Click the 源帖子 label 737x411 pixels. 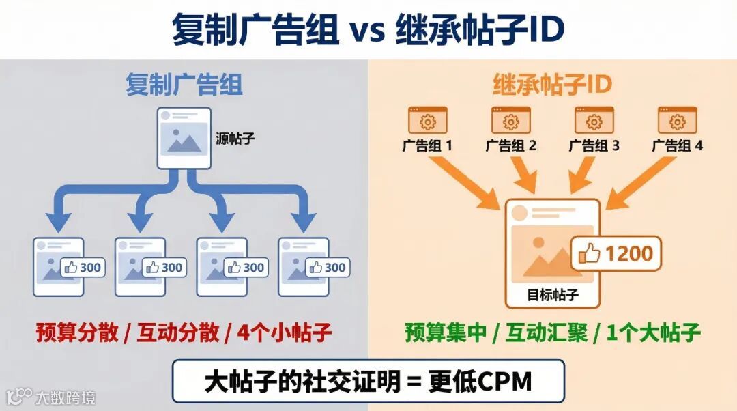(x=235, y=139)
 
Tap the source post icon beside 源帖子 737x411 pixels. (x=183, y=138)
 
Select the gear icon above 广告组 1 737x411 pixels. (x=427, y=121)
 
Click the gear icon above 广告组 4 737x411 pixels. (x=677, y=121)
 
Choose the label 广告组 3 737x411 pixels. (x=594, y=145)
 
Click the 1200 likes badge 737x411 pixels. (x=617, y=253)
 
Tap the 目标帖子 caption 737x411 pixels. (x=552, y=295)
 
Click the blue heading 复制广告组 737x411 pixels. (x=184, y=85)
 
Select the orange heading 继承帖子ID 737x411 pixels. (x=552, y=85)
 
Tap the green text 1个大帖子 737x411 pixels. (x=654, y=333)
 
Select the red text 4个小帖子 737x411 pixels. (x=285, y=333)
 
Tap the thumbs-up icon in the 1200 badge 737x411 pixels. (x=589, y=254)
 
